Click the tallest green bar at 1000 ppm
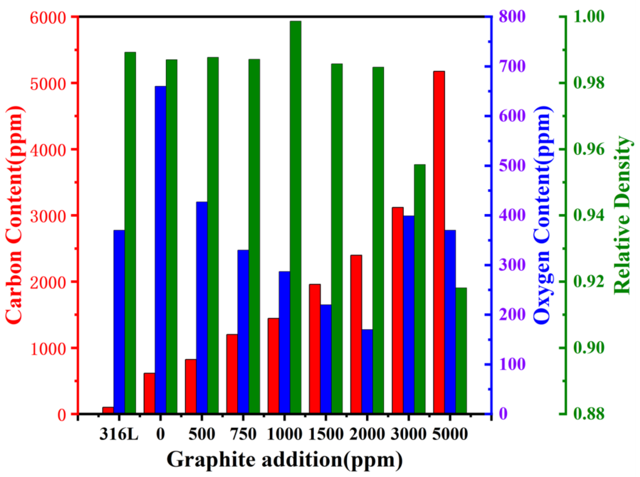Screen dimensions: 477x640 click(295, 217)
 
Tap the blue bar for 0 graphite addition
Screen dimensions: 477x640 click(161, 250)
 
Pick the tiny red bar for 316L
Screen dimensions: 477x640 click(108, 410)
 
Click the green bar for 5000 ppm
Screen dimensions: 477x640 click(461, 351)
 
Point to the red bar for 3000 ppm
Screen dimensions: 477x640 click(398, 310)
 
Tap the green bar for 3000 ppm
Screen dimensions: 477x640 click(420, 289)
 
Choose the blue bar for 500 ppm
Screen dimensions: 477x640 click(202, 308)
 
